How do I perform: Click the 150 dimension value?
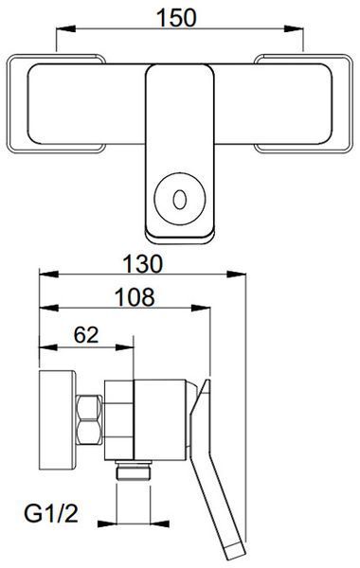(x=176, y=18)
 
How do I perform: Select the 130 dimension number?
(x=142, y=264)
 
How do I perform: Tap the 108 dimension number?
(x=135, y=297)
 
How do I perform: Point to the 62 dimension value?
(x=86, y=335)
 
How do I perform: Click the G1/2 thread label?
(x=51, y=513)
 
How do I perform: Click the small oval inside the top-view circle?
(x=179, y=200)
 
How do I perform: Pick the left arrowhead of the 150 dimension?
(x=66, y=28)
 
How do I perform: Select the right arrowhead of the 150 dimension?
(x=294, y=28)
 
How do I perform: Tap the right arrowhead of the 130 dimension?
(x=237, y=274)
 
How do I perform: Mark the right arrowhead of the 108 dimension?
(x=201, y=309)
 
